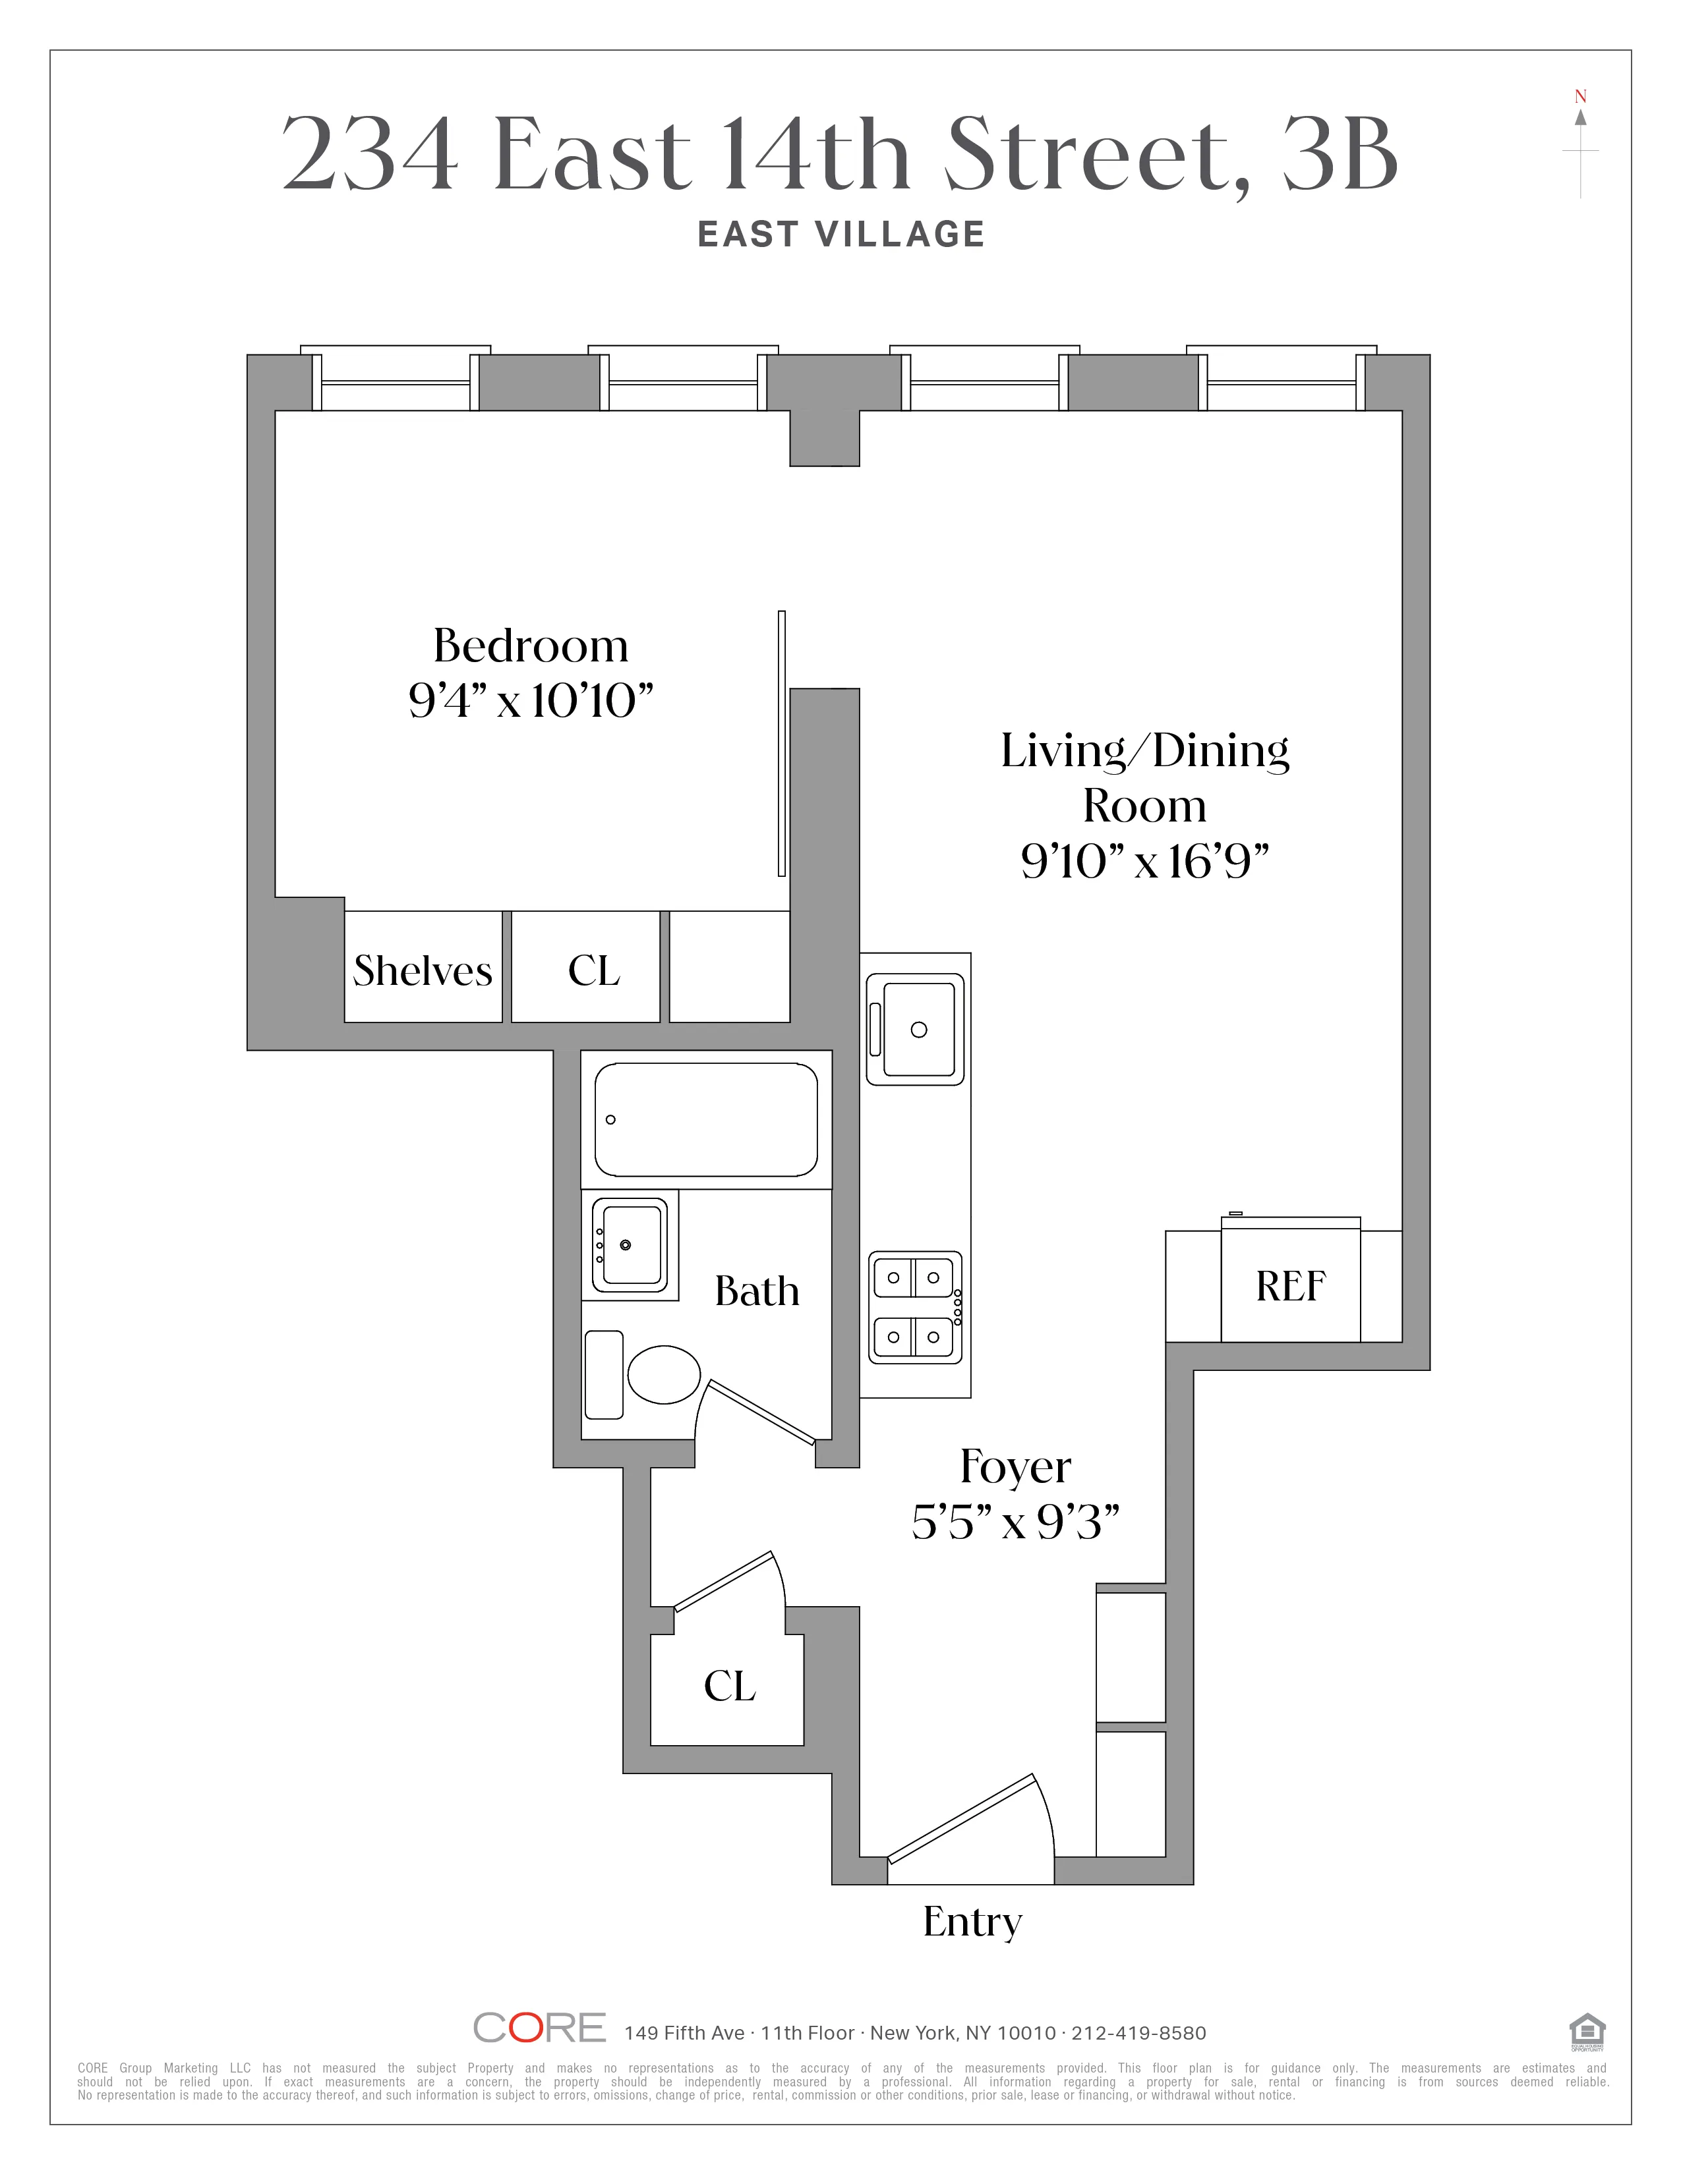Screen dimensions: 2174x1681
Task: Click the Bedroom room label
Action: (x=531, y=647)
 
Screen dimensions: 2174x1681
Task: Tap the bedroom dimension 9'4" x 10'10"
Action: (x=531, y=702)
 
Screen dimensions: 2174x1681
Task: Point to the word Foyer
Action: (x=1015, y=1467)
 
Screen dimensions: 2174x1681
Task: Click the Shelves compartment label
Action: (x=423, y=970)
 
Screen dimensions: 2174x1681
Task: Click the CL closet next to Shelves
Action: (x=593, y=970)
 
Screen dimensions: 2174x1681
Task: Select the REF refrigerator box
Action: (x=1291, y=1286)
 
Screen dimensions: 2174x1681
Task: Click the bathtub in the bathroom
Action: (x=706, y=1120)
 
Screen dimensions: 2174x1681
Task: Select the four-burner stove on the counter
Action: (x=915, y=1307)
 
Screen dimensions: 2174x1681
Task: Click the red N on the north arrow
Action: (x=1579, y=97)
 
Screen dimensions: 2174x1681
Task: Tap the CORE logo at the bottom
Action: (x=539, y=2028)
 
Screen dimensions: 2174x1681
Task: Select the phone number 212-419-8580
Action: (x=1138, y=2032)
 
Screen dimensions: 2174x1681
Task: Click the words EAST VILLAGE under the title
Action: (x=840, y=235)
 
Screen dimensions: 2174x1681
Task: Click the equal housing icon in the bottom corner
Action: (x=1586, y=2030)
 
